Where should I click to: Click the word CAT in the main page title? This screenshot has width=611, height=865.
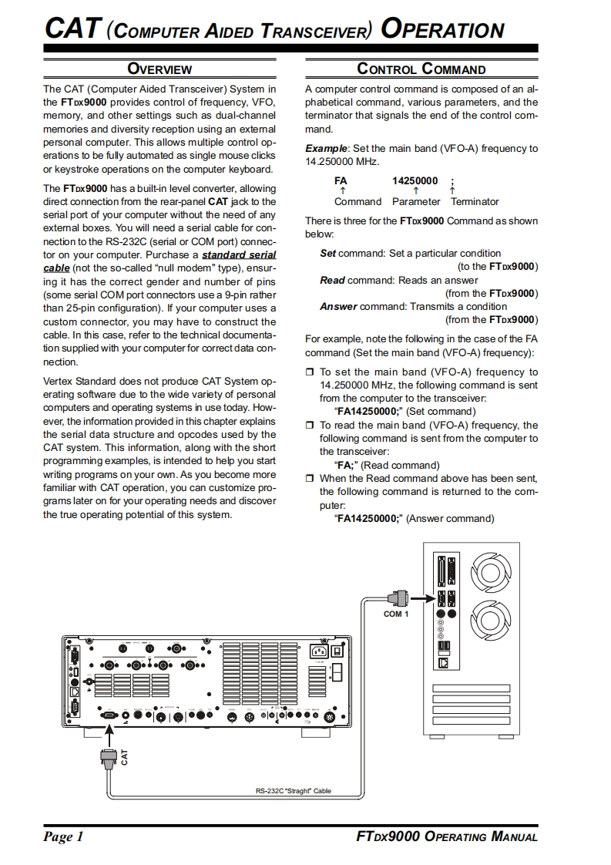coord(72,29)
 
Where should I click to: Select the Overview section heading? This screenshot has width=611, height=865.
coord(159,69)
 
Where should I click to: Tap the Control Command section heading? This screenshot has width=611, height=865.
coord(421,69)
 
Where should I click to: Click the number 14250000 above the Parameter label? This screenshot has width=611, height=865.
coord(415,181)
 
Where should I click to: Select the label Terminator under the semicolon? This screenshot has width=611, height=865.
coord(475,202)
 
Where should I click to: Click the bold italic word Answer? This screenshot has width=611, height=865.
coord(338,306)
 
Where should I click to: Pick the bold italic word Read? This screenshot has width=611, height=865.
coord(332,280)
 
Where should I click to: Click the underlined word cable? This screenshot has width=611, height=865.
coord(57,267)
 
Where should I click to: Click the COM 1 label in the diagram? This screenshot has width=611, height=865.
coord(396,614)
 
